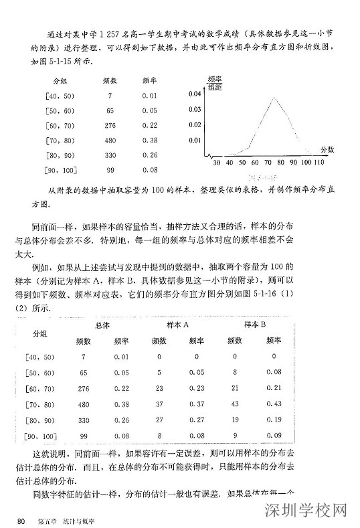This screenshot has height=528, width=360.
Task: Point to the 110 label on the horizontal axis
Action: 319,163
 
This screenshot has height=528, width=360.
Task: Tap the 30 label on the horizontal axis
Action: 215,163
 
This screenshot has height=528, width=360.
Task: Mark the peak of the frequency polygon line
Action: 274,98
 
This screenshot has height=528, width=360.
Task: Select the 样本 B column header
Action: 256,325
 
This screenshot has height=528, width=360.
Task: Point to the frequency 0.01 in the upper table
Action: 149,95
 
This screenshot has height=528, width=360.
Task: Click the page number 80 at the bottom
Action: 21,519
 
